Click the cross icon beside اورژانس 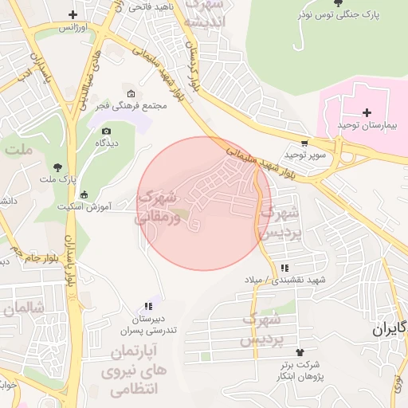73,15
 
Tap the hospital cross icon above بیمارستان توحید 367,113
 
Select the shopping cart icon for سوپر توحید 304,143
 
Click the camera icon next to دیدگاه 106,131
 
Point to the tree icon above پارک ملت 57,167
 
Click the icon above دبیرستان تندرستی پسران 147,305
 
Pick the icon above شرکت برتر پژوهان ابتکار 300,352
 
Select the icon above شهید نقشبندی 284,268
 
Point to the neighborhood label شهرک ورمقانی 159,205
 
